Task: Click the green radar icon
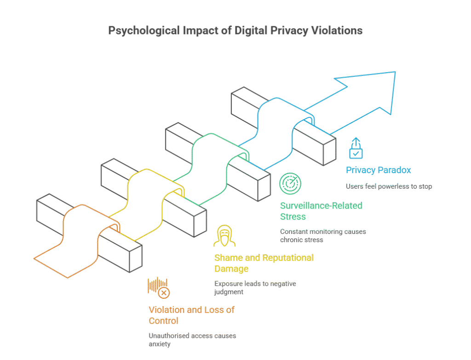tap(290, 184)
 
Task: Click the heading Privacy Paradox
tap(378, 170)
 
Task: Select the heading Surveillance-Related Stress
tap(321, 211)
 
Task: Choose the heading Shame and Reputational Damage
tap(264, 263)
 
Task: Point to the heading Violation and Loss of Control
tap(191, 315)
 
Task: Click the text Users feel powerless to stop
tap(389, 186)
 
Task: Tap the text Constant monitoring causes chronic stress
tap(323, 236)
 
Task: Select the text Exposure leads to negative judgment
tap(255, 288)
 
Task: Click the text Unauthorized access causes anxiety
tap(192, 340)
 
